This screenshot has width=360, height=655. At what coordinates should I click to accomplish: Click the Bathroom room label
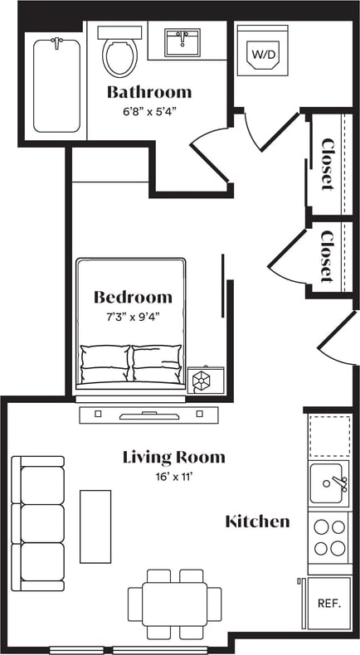tap(149, 92)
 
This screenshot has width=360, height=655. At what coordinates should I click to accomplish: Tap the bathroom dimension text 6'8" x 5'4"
tap(149, 109)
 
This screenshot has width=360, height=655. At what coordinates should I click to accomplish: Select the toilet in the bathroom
tap(119, 52)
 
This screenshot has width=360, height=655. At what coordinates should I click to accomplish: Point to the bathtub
tap(56, 85)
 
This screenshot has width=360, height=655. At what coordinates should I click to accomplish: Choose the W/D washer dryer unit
tap(263, 52)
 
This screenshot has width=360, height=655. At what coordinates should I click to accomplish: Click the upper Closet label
tap(328, 163)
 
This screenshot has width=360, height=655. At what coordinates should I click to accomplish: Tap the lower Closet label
tap(328, 255)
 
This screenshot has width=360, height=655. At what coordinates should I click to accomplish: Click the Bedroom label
tap(133, 297)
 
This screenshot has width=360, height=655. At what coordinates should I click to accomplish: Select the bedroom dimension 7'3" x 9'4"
tap(133, 316)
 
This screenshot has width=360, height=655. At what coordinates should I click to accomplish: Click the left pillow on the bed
tap(105, 363)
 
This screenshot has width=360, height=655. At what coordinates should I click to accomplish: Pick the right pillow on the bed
tap(157, 363)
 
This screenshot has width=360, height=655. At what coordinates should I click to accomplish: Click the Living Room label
tap(173, 457)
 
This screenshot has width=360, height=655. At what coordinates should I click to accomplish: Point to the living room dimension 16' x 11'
tap(173, 476)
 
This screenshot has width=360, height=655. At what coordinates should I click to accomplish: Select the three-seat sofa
tap(38, 523)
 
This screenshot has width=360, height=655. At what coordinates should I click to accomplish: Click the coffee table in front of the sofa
tap(95, 526)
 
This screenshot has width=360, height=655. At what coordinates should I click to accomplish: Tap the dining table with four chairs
tap(174, 603)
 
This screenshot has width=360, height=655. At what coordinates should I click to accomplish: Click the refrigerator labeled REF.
tap(329, 603)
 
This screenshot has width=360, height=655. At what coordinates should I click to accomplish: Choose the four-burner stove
tap(329, 536)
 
